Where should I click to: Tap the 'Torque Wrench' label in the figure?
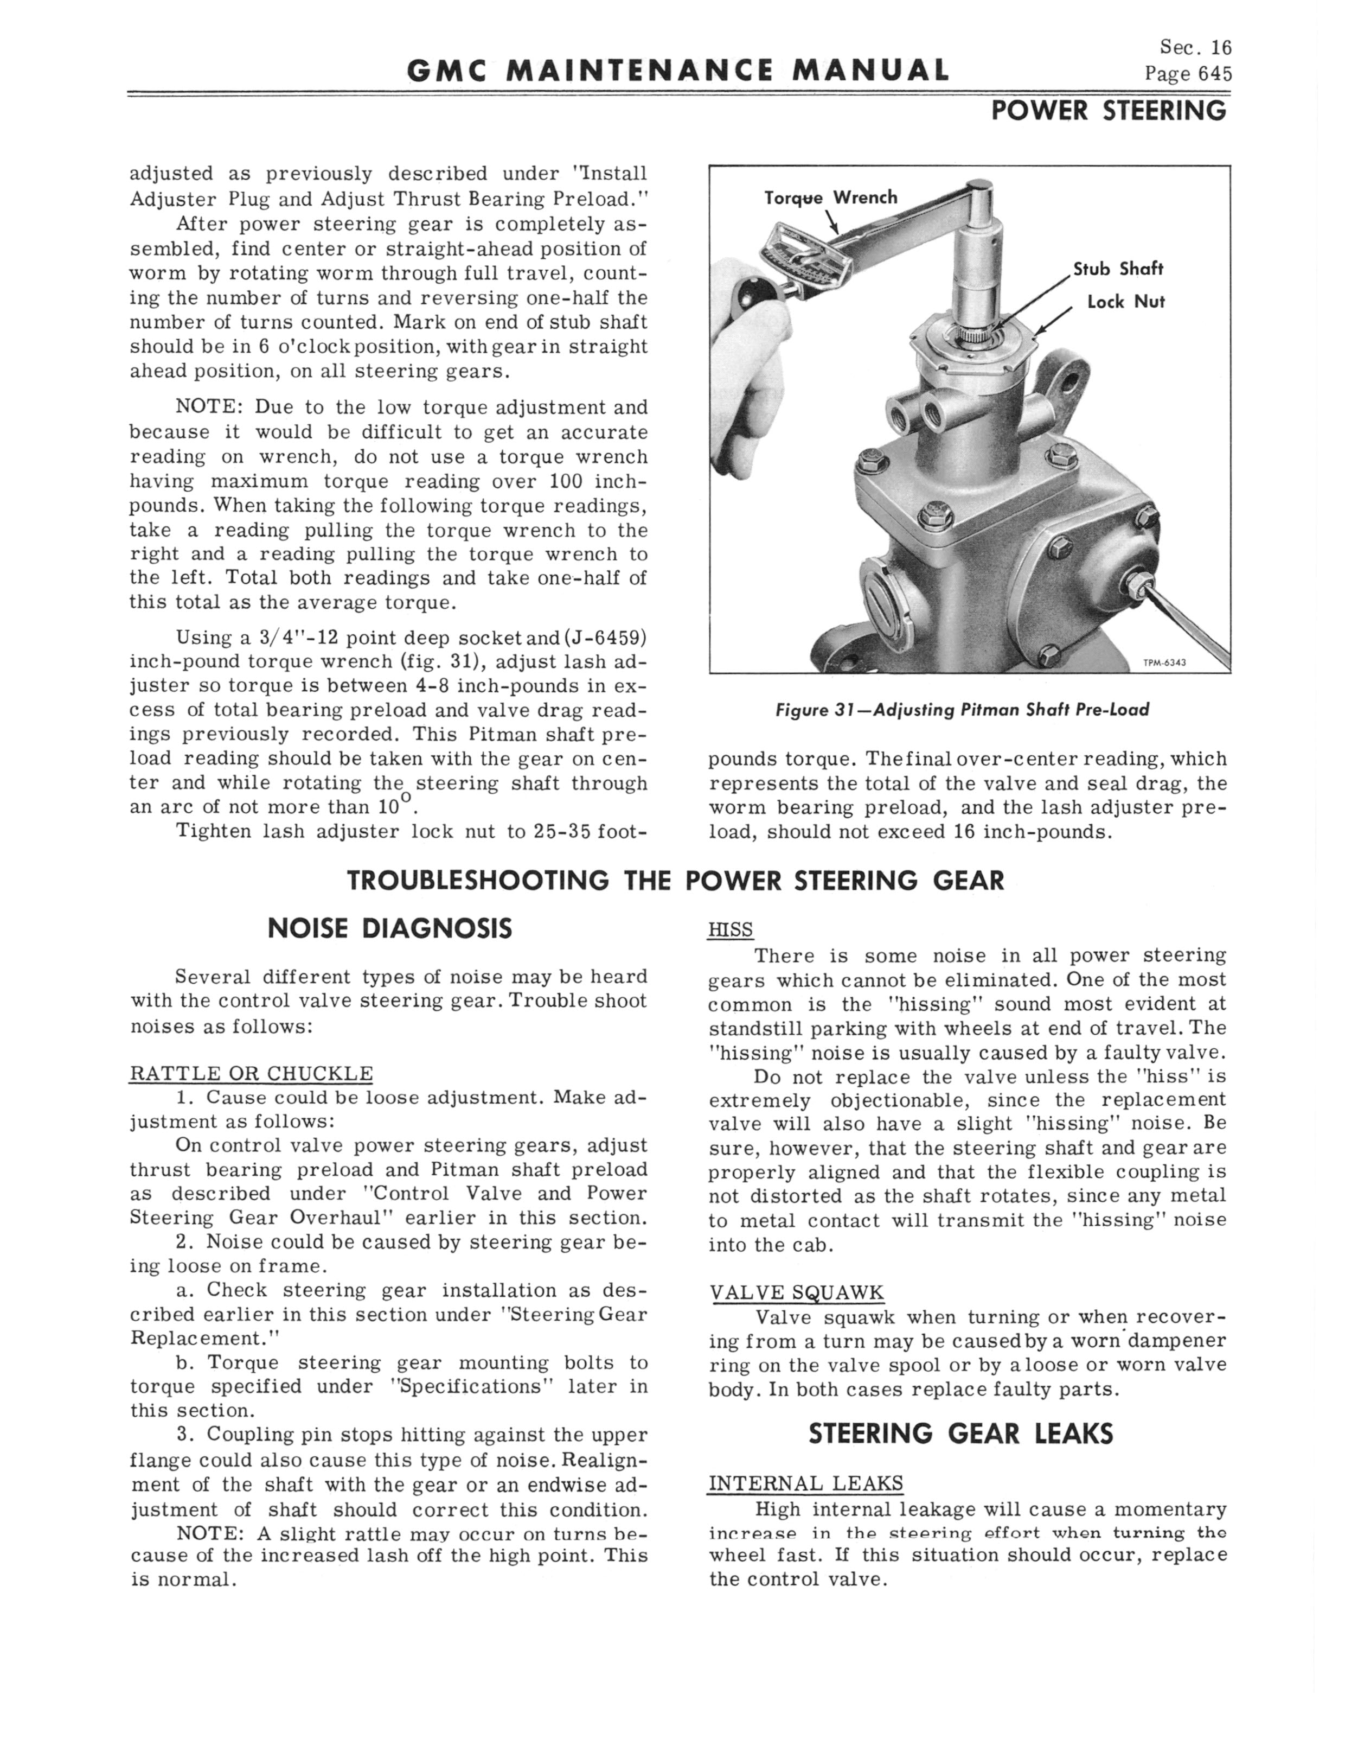coord(831,198)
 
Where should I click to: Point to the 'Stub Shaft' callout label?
coord(1118,269)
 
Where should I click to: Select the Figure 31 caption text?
coord(962,710)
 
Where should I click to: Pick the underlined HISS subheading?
coord(730,929)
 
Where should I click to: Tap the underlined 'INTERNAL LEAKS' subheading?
coord(805,1483)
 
